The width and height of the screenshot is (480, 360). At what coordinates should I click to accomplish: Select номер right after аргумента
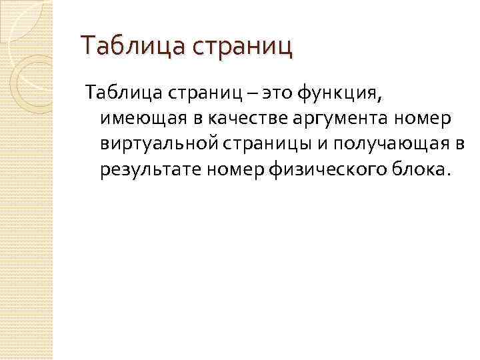[x=404, y=118]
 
